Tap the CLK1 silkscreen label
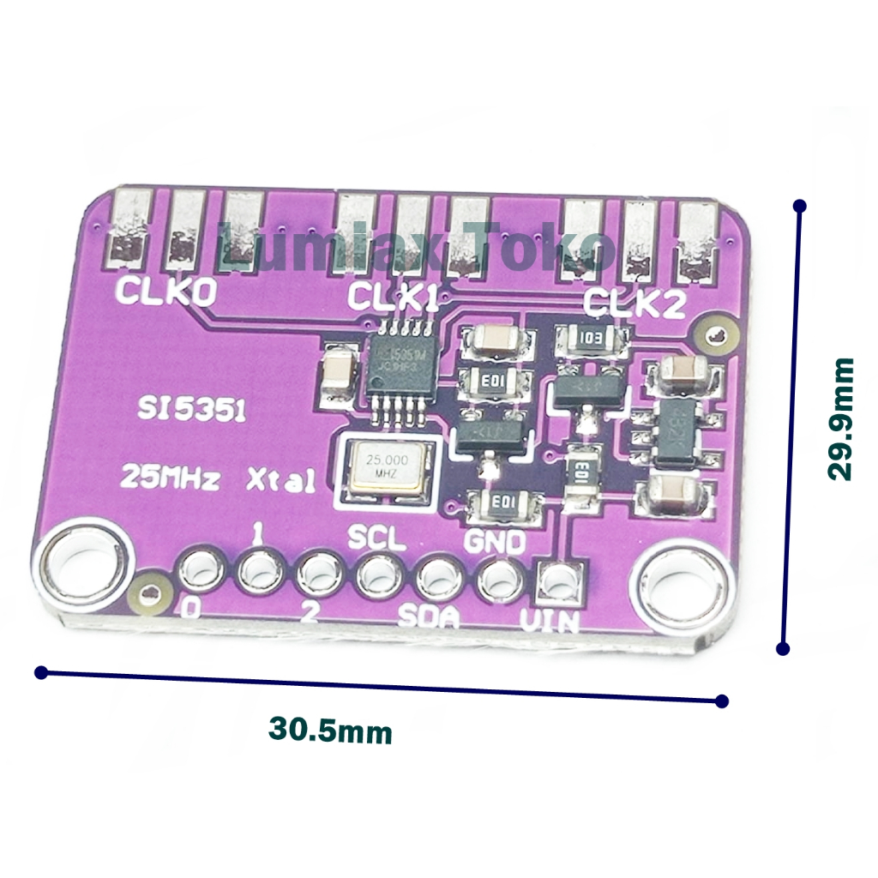coord(394,298)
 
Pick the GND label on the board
coord(494,542)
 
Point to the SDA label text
coord(429,616)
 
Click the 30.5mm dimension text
coord(330,731)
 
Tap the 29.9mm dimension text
coord(841,418)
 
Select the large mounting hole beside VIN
coord(680,586)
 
